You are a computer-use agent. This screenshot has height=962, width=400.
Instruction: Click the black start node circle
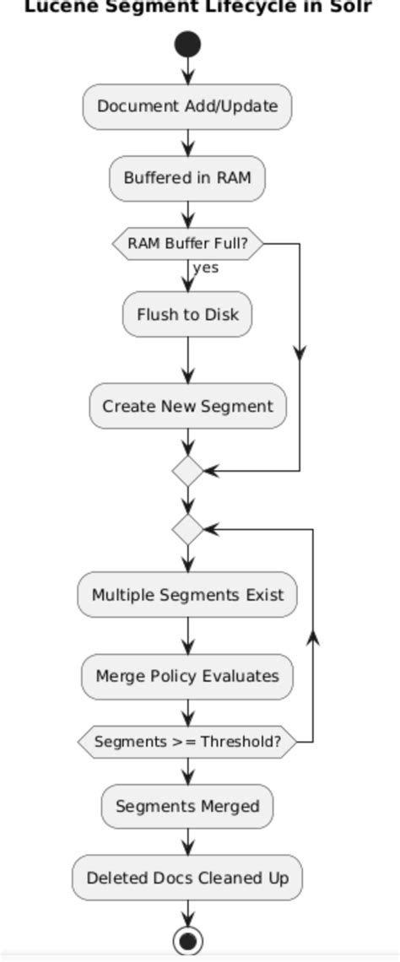tap(187, 45)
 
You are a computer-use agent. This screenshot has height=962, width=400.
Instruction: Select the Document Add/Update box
tap(187, 106)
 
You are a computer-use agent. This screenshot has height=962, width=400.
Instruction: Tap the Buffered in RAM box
tap(187, 178)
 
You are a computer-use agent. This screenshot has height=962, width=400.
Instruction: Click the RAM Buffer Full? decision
tap(187, 244)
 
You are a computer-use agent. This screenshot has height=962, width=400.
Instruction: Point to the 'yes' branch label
tap(205, 268)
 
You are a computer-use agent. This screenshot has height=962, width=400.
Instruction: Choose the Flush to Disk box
tap(187, 315)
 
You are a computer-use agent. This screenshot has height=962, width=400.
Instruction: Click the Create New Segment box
tap(187, 406)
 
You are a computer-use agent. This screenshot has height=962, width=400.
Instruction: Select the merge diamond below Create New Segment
tap(187, 471)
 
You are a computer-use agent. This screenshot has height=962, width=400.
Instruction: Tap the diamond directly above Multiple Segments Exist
tap(187, 529)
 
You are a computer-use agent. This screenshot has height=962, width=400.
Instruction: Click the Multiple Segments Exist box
tap(187, 594)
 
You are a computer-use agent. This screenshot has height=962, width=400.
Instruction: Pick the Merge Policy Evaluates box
tap(187, 676)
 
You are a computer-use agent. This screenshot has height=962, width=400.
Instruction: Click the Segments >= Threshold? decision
tap(187, 742)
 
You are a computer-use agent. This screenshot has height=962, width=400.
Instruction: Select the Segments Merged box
tap(187, 806)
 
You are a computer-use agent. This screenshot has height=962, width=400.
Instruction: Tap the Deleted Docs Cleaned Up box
tap(187, 878)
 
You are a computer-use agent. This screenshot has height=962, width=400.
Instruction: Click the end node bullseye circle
tap(187, 939)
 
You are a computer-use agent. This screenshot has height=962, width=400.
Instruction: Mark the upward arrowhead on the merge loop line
tap(313, 638)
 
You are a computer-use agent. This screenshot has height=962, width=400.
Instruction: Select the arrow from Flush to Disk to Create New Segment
tap(187, 360)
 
